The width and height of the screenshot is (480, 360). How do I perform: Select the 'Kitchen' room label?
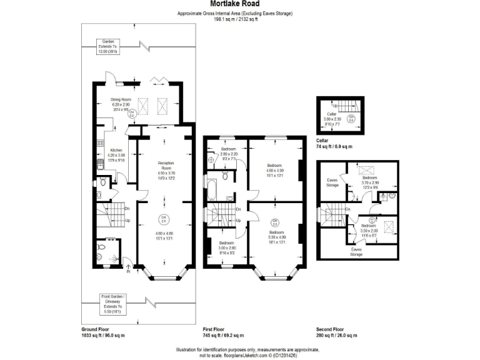click(117, 151)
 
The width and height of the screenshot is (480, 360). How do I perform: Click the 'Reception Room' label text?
click(164, 165)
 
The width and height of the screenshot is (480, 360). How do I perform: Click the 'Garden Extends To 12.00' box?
click(107, 47)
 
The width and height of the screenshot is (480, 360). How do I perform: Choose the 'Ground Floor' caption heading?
click(96, 329)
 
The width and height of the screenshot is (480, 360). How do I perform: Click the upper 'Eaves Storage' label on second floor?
click(332, 183)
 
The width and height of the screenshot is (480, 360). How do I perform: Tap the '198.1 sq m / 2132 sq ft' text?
click(235, 19)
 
